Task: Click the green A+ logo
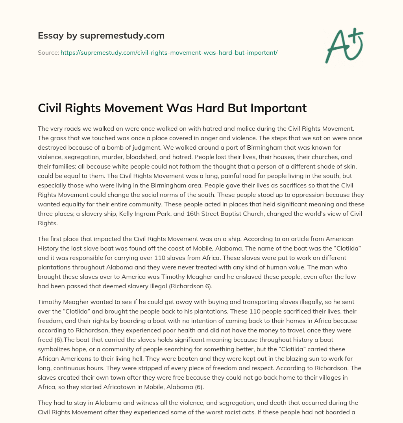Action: click(x=344, y=45)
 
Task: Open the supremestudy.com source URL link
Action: click(x=169, y=52)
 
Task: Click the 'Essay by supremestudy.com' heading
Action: click(x=101, y=36)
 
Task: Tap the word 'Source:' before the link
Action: click(x=48, y=52)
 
